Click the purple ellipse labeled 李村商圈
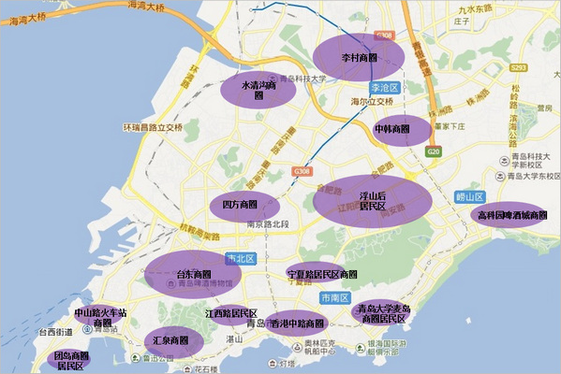tap(359, 57)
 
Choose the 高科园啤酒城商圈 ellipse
tap(510, 215)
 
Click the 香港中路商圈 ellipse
tap(297, 324)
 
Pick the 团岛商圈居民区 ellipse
tap(71, 361)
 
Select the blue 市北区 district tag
tap(240, 259)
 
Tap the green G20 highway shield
tap(432, 151)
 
